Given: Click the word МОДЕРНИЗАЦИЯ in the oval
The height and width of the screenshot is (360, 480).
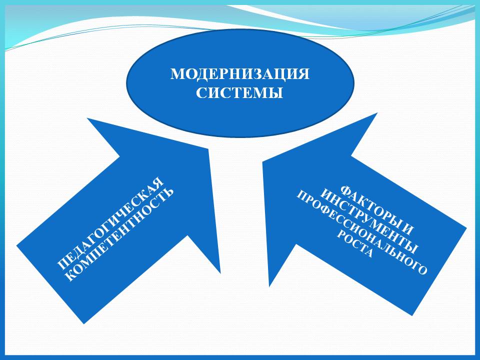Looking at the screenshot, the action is (x=239, y=74).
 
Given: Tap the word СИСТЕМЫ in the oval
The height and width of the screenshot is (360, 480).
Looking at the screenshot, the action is (x=239, y=92).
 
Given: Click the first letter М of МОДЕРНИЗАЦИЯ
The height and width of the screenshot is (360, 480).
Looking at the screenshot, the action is (x=176, y=74).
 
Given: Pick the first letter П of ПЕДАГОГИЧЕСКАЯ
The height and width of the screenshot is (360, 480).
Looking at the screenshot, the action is (x=63, y=264).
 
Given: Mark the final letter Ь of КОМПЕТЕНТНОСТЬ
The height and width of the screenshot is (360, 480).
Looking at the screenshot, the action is (x=168, y=192).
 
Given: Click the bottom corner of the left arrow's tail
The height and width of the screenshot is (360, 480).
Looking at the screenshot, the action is (x=84, y=323).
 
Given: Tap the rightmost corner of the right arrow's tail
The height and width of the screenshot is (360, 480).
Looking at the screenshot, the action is (x=466, y=228).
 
